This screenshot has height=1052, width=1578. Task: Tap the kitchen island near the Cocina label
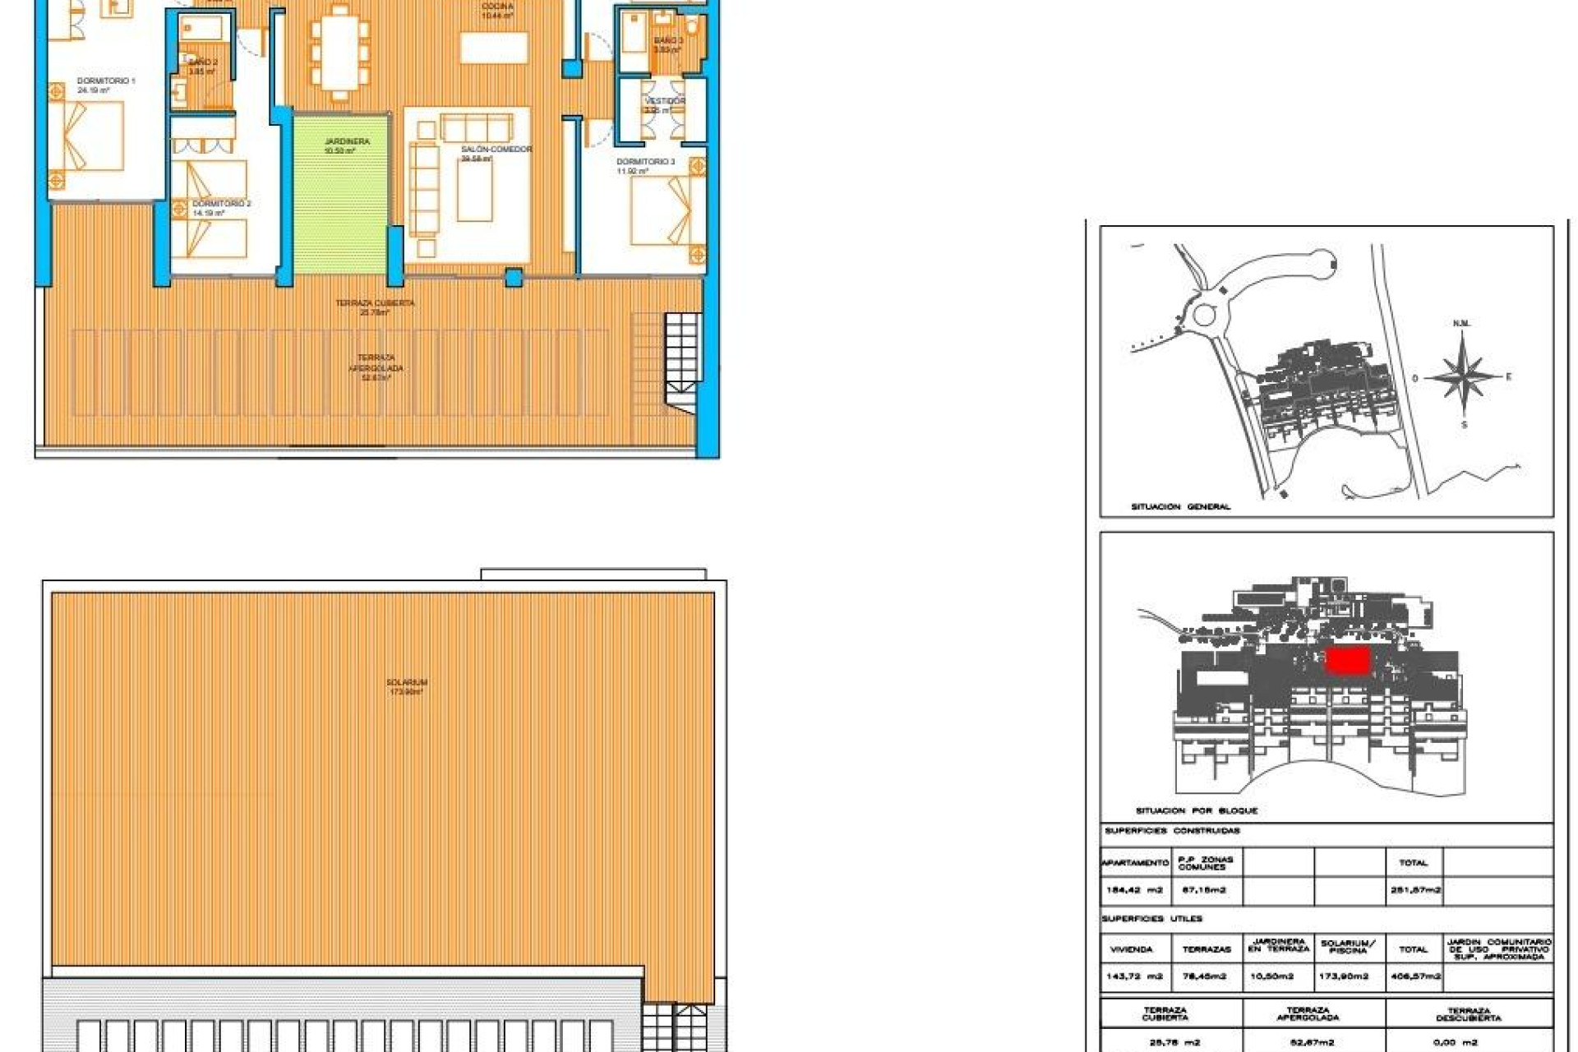tap(493, 48)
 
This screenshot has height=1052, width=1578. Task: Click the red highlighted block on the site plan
tap(1348, 660)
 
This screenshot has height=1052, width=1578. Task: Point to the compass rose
tap(1463, 377)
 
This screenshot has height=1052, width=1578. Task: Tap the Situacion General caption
tap(1180, 507)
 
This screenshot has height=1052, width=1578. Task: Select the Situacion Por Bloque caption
tap(1196, 811)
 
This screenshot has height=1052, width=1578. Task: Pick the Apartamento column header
tap(1135, 863)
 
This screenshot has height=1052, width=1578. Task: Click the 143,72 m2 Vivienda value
tap(1135, 976)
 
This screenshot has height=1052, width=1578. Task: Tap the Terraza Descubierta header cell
tap(1469, 1014)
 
